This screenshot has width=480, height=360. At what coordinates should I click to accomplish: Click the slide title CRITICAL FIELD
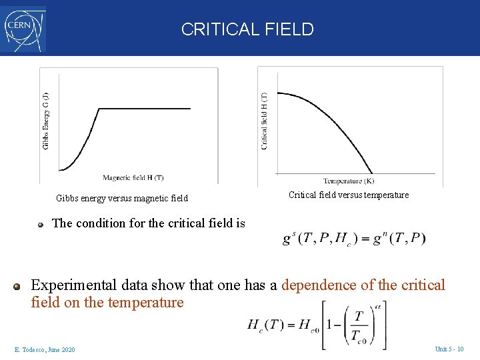247,29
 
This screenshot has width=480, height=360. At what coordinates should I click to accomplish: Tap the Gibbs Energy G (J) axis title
46,120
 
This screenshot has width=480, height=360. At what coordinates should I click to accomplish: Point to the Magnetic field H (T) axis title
133,178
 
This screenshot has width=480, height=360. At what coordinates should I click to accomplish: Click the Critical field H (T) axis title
265,121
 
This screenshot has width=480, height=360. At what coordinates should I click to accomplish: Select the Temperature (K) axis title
349,181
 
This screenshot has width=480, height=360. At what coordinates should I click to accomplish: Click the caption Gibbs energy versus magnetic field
122,198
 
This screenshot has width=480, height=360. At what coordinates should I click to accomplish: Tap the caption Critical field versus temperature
349,195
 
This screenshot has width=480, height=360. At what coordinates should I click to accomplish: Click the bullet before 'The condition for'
41,225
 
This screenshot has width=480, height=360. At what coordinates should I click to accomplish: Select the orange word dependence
319,285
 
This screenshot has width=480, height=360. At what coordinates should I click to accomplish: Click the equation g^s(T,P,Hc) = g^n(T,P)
354,239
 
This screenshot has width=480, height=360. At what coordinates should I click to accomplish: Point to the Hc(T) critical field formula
317,325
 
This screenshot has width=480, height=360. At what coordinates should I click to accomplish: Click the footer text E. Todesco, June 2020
44,350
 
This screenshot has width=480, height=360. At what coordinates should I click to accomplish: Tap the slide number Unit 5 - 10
449,349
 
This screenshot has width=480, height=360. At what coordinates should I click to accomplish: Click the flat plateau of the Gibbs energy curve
147,109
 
